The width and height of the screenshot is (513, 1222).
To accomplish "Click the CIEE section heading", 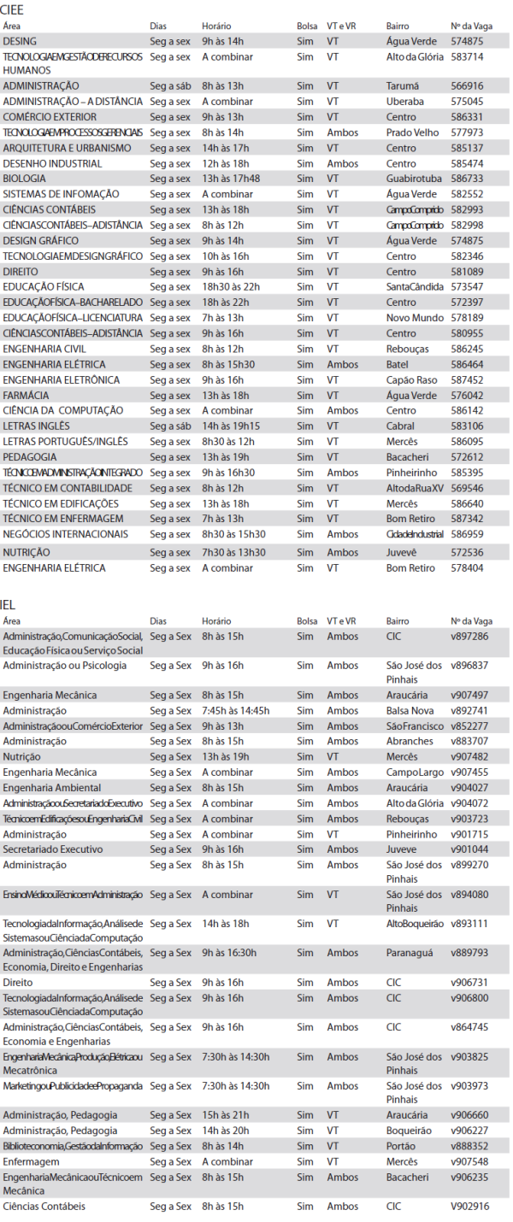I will pos(15,10).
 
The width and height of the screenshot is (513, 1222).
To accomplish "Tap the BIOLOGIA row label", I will pos(25,179).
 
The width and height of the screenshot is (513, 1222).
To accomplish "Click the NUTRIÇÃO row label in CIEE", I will pos(27,552).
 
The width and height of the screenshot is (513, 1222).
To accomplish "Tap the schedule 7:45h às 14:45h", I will pos(235,711).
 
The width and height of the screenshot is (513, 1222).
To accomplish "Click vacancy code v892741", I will pos(469,711).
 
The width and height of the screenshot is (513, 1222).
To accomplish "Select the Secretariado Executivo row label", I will pos(52,849).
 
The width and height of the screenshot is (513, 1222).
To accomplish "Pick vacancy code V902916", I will pos(470,1206).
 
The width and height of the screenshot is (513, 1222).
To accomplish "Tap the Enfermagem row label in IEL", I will pos(29,1161).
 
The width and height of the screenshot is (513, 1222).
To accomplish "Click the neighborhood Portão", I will pos(401,1146).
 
